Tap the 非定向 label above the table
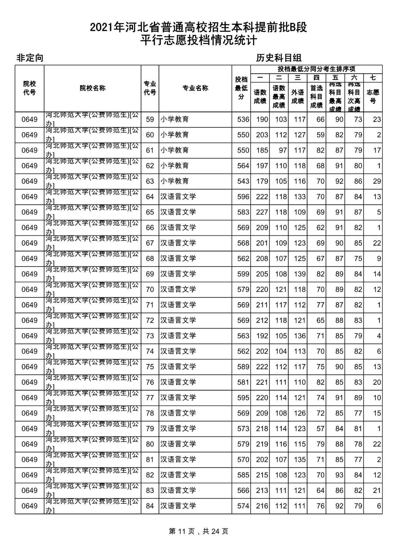(x=30, y=58)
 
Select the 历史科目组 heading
(x=279, y=58)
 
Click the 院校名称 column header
(x=92, y=88)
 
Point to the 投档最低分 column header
(x=241, y=88)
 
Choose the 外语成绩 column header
(x=297, y=96)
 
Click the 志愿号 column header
(x=373, y=96)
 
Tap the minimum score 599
(x=243, y=274)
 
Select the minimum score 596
(x=243, y=197)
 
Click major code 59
(x=150, y=120)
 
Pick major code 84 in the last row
(x=150, y=506)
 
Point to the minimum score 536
(x=243, y=120)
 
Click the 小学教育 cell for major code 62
(x=175, y=166)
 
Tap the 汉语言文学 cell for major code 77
(x=178, y=398)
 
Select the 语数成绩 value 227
(x=262, y=212)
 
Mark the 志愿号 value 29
(x=377, y=181)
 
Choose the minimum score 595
(x=243, y=398)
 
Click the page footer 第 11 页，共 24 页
(x=198, y=532)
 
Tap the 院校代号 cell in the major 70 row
(x=29, y=290)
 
